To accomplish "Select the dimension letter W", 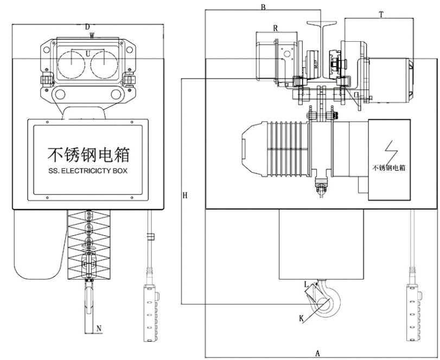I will coord(92,36).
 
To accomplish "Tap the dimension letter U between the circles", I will coord(88,53).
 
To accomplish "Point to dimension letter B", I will coord(263,7).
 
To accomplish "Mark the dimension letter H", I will coord(186,195).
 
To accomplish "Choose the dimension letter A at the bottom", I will coord(317,352).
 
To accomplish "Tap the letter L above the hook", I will coord(306,284).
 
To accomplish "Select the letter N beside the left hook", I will coord(98,327).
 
